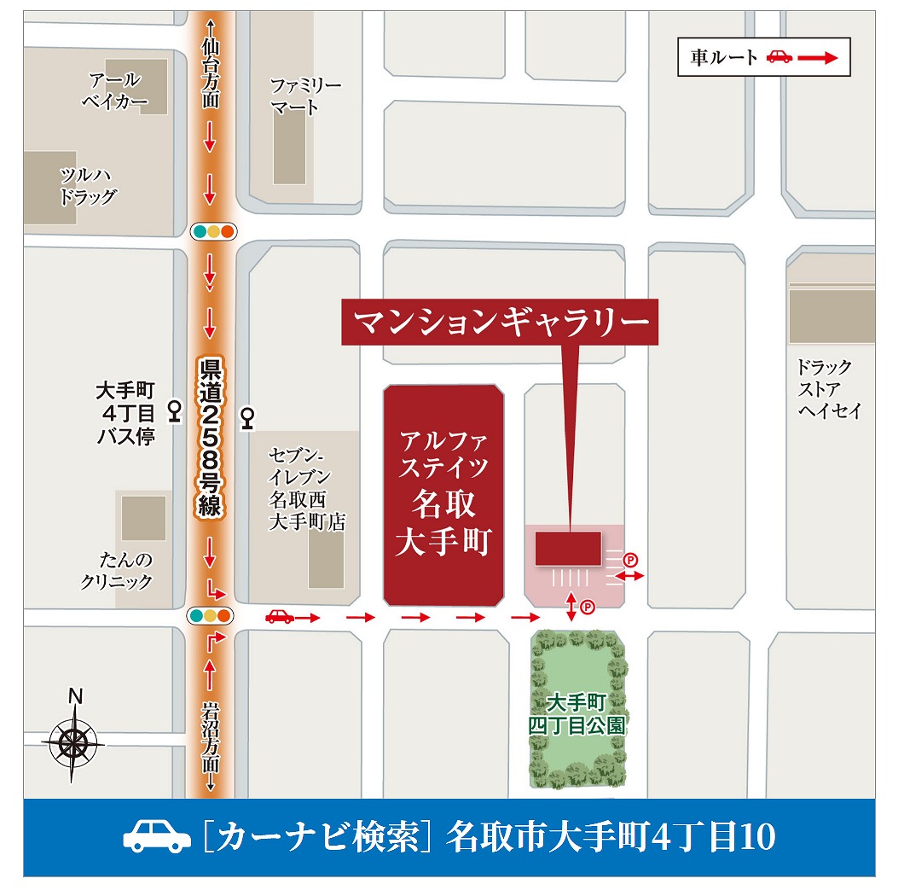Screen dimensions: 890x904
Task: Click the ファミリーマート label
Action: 305,97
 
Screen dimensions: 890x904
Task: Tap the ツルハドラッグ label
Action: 88,186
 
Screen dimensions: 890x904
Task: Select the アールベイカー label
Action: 115,92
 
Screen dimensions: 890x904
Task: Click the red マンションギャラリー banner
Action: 500,323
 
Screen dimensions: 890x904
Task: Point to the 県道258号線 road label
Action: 210,438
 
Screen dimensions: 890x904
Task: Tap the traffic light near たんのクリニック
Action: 211,615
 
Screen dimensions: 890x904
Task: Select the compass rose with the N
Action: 73,740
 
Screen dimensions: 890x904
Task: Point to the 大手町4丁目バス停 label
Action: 125,413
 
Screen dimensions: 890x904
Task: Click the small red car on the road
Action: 279,616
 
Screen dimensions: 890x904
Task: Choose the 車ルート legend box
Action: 763,57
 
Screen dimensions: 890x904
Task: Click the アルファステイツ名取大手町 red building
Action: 443,495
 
